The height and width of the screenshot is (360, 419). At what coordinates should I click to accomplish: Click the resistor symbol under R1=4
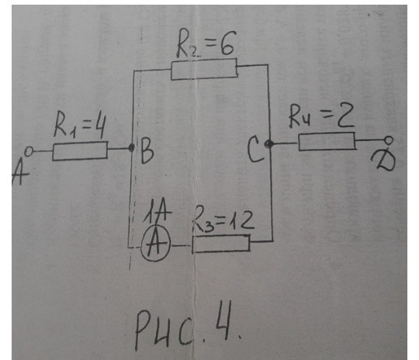(80, 151)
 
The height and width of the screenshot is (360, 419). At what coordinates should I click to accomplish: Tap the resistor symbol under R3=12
(221, 244)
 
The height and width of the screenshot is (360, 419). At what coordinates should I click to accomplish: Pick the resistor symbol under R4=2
(326, 142)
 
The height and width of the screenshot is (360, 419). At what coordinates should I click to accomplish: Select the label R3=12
(225, 222)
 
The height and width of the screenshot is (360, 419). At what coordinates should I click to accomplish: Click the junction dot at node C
(268, 144)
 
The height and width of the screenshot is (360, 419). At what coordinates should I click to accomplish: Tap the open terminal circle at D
(390, 141)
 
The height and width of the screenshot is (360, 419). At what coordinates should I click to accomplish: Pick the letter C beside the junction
(255, 153)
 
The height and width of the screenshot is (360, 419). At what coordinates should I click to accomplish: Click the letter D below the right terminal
(381, 162)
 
